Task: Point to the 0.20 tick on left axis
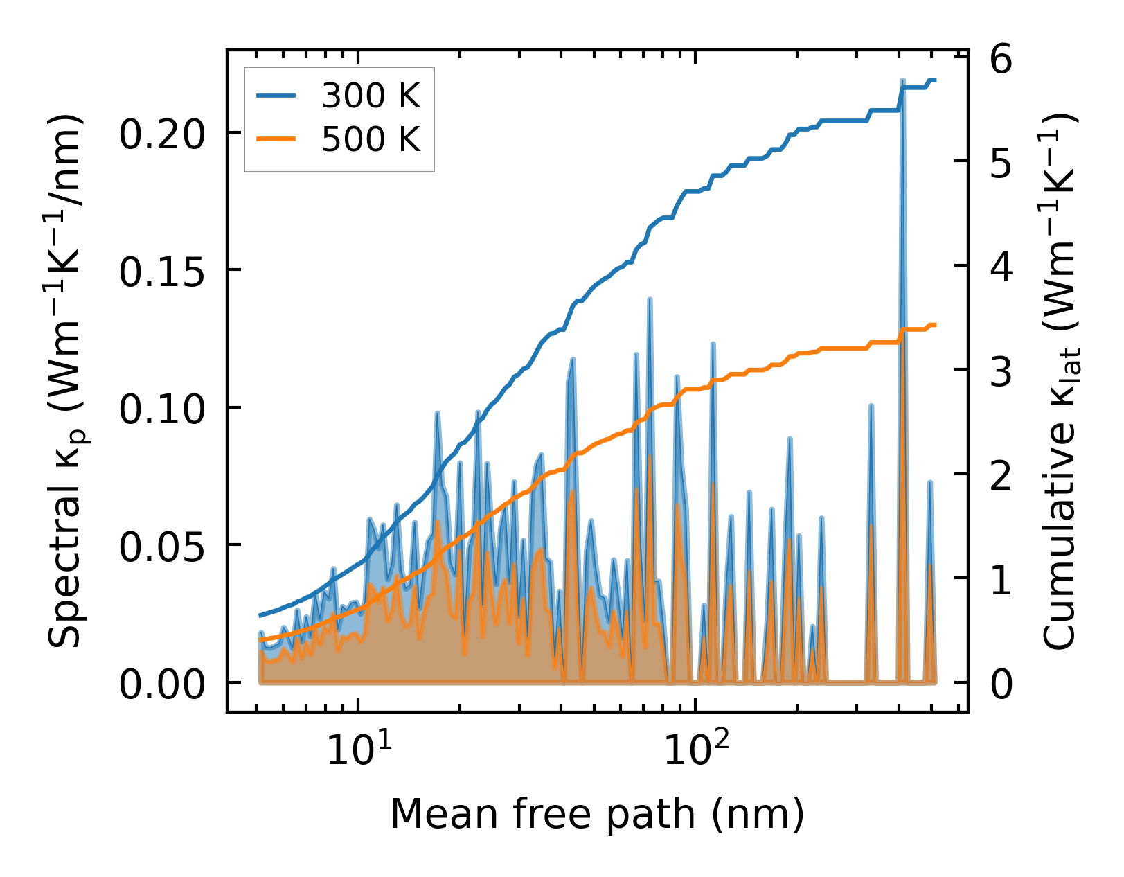coord(163,134)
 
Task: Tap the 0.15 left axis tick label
coord(163,271)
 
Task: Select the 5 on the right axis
coord(1001,163)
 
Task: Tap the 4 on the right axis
coord(1001,267)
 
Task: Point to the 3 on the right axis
coord(1001,371)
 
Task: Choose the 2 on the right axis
coord(1001,476)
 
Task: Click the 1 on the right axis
coord(1001,581)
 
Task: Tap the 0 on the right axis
coord(1001,684)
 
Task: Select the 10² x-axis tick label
coord(696,749)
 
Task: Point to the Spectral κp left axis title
coord(67,381)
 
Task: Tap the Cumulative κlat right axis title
coord(1060,381)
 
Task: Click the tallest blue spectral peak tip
coord(902,81)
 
